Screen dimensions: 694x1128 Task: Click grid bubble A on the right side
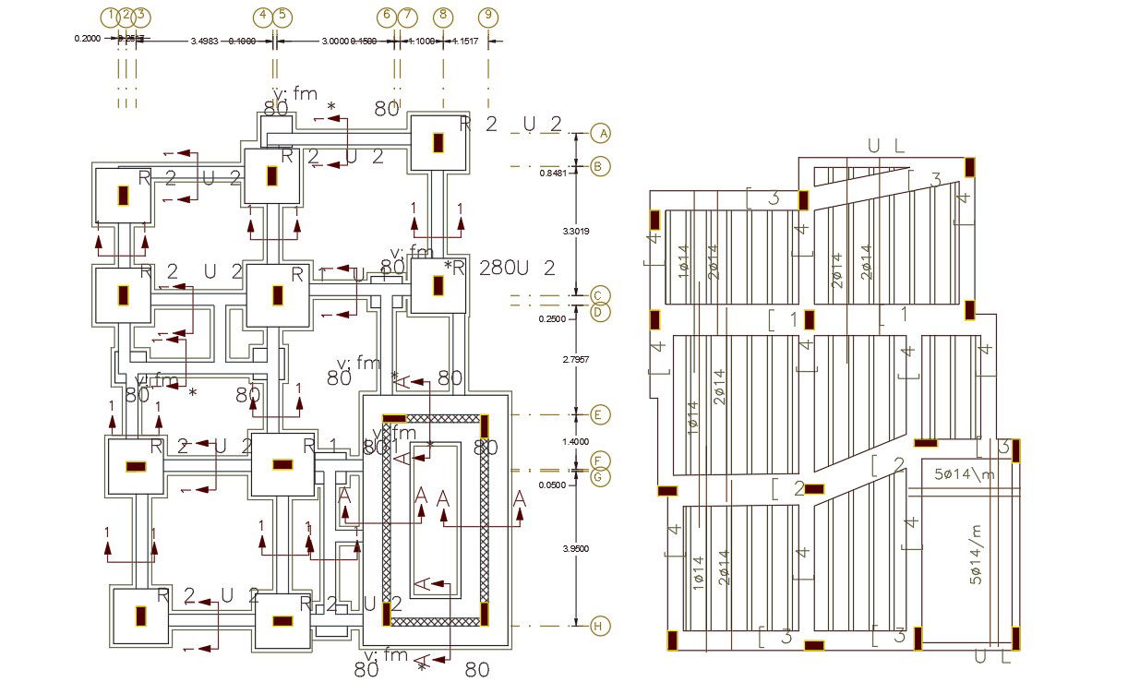tap(602, 134)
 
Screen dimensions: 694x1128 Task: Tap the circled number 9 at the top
tap(488, 16)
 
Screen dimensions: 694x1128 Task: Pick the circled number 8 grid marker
tap(443, 16)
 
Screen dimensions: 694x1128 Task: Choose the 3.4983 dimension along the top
tap(204, 42)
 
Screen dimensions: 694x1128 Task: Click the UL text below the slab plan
tap(992, 657)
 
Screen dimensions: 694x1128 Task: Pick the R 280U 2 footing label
tap(503, 269)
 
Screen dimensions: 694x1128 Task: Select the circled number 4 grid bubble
tap(263, 16)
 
